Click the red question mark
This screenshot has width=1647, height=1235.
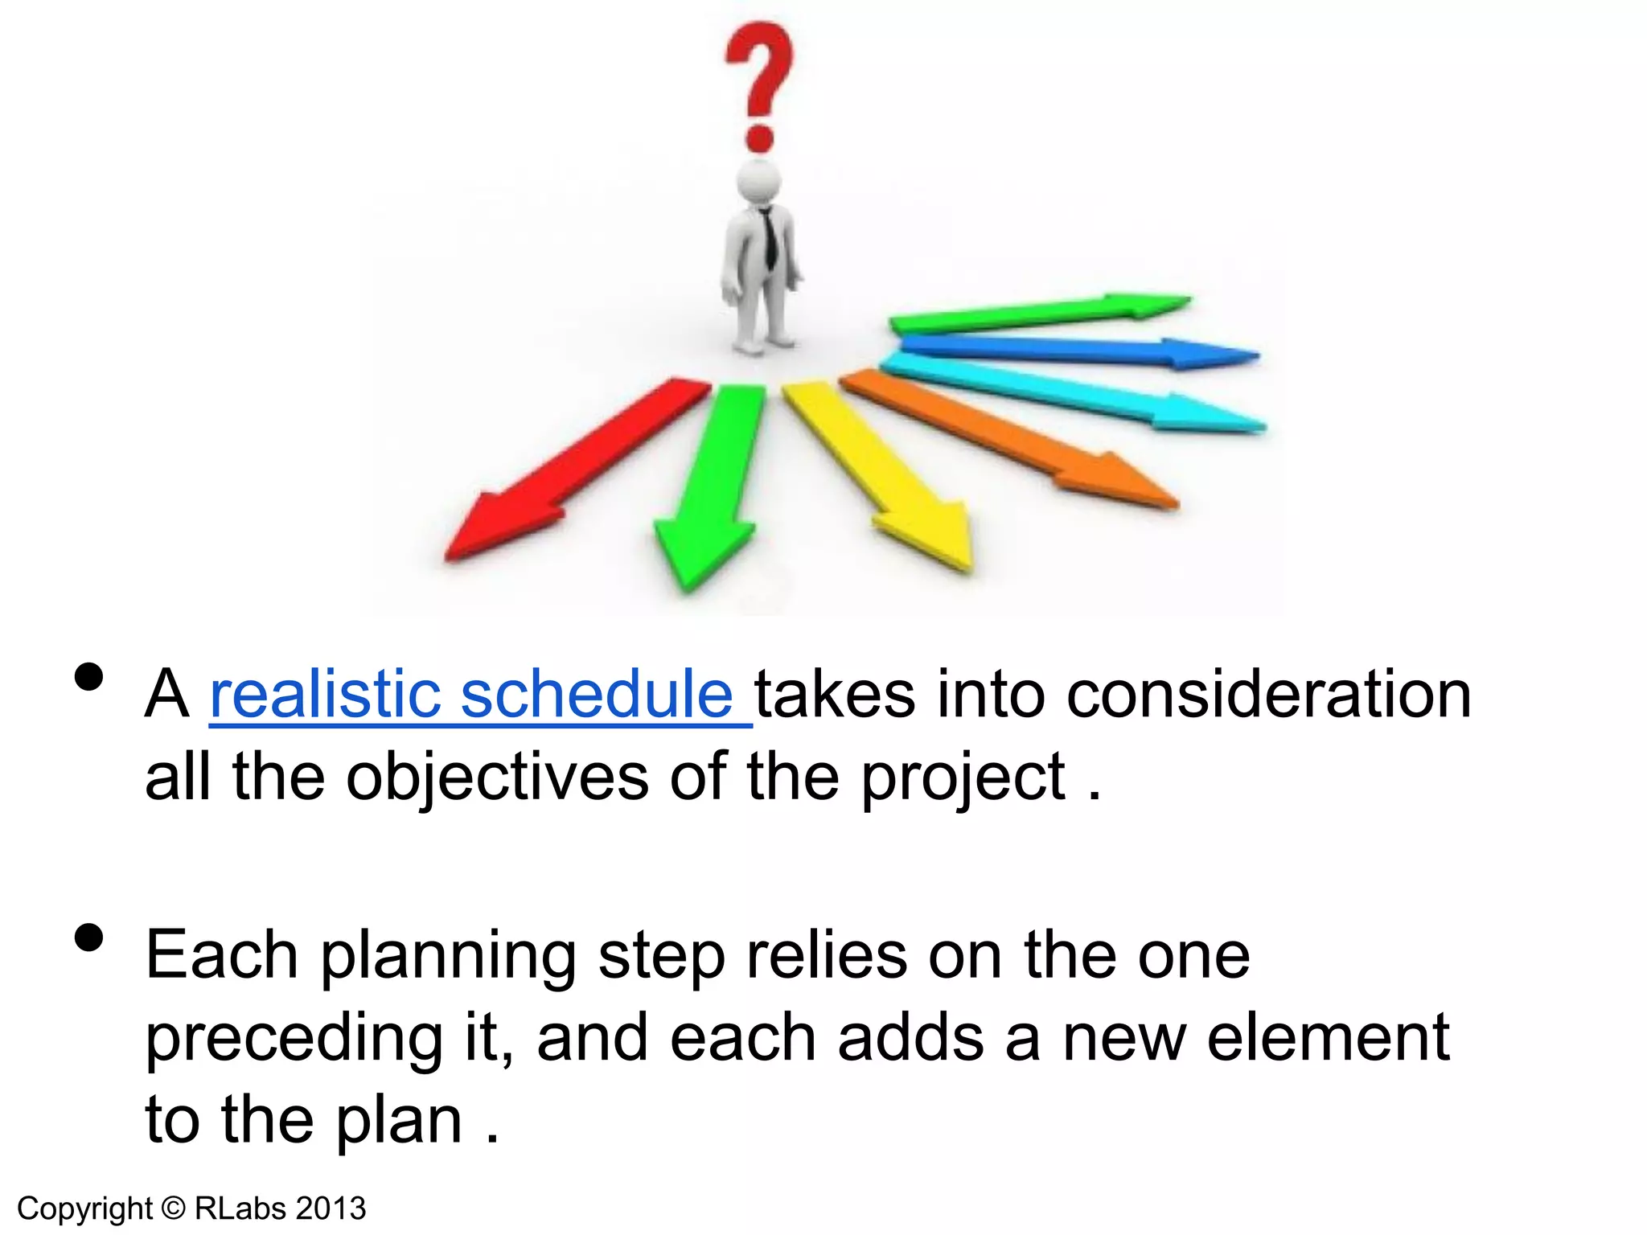tap(759, 80)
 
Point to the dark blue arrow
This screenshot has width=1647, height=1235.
tap(1078, 351)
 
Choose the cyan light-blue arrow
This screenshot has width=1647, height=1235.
tap(1078, 394)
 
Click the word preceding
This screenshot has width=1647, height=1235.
tap(294, 1039)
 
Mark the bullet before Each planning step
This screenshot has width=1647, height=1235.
tap(88, 938)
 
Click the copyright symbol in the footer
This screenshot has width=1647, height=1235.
tap(173, 1208)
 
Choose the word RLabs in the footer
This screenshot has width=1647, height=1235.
tap(240, 1208)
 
